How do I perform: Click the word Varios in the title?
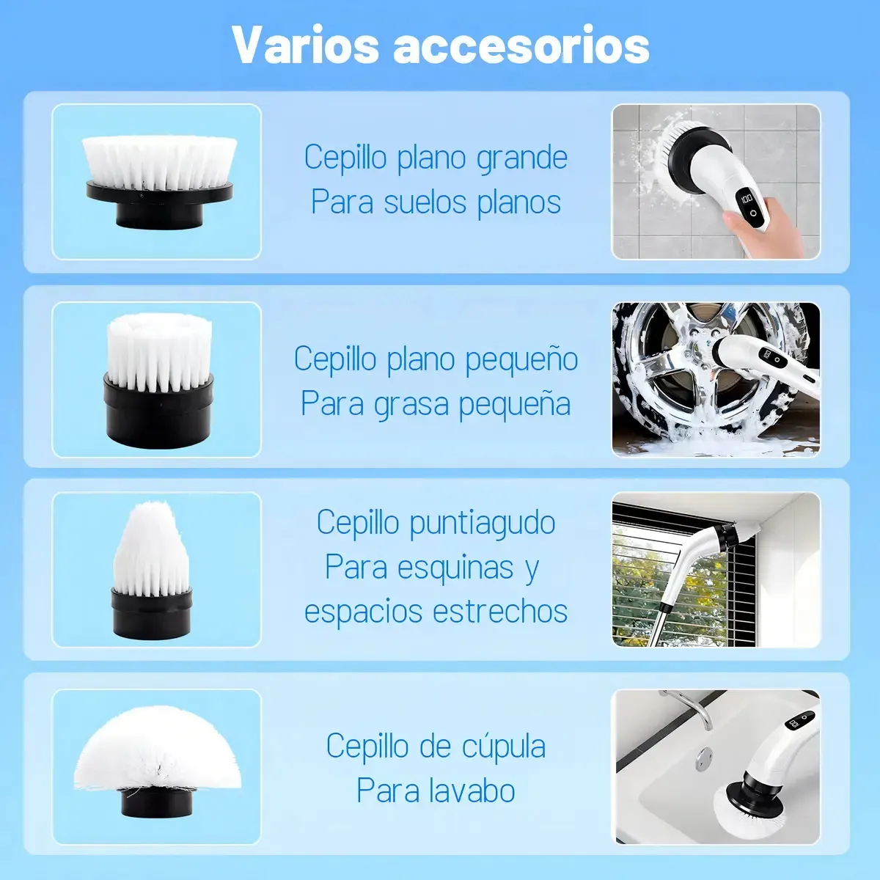[x=305, y=45]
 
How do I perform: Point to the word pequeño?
[x=521, y=360]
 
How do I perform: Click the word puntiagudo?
[x=482, y=524]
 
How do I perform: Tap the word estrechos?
[x=500, y=612]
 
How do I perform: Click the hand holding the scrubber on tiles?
[x=762, y=227]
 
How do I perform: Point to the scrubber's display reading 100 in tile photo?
[x=747, y=199]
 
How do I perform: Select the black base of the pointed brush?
[x=152, y=612]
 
